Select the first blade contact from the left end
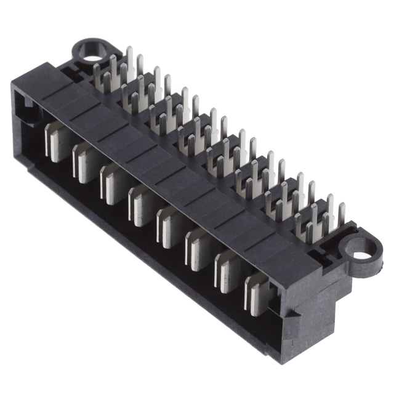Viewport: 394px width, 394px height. point(57,141)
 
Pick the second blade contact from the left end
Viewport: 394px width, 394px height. point(85,162)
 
